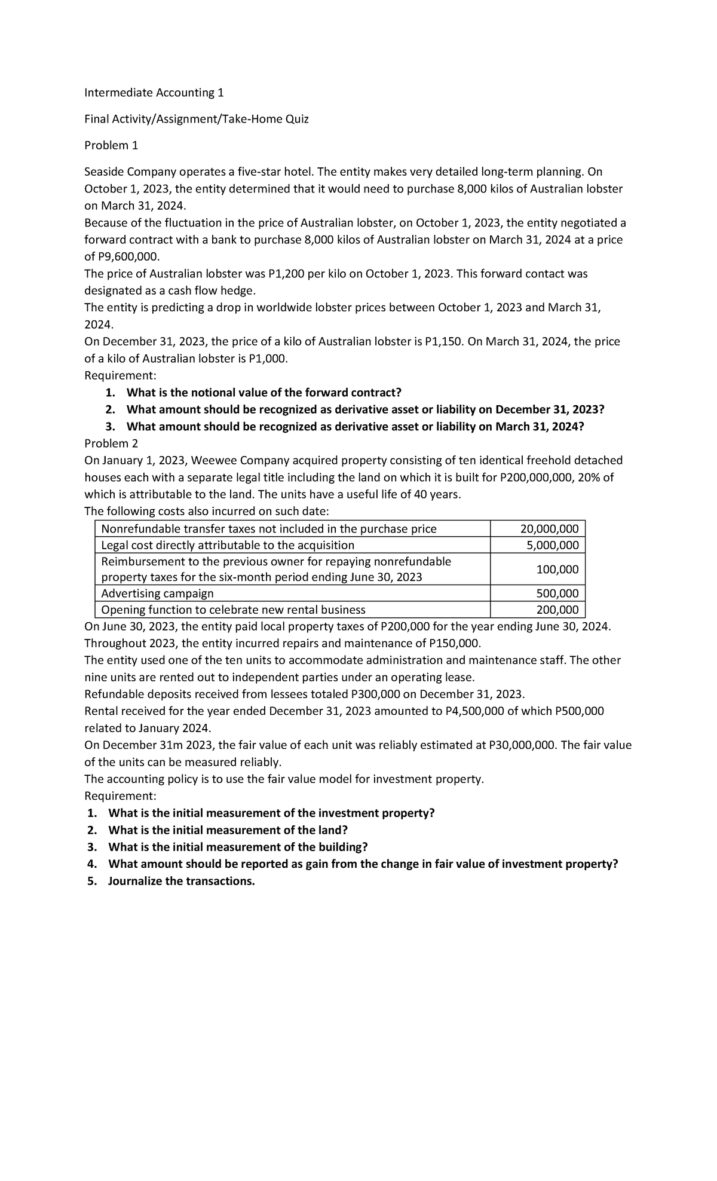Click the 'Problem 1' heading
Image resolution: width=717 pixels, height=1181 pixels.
[x=111, y=145]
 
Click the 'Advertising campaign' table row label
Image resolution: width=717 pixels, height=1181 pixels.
[x=157, y=593]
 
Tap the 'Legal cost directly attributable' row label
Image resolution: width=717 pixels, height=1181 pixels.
[x=228, y=545]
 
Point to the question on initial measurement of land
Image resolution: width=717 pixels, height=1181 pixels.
[x=228, y=830]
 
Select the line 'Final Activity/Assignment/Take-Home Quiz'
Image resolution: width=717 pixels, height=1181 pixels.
[x=197, y=119]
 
